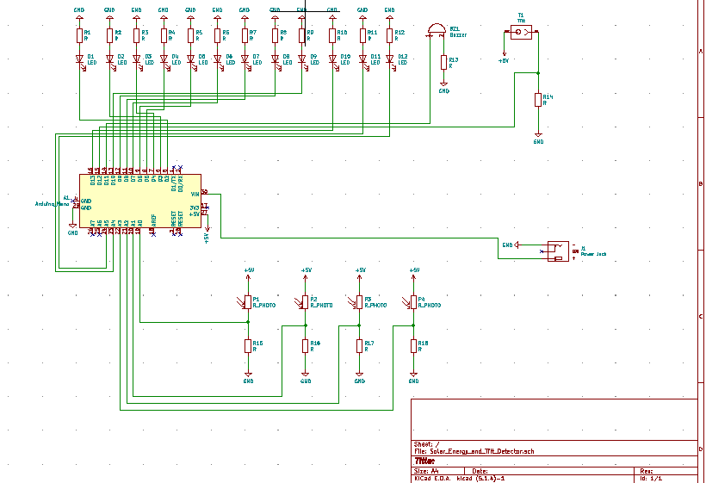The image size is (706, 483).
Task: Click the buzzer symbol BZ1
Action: tap(437, 32)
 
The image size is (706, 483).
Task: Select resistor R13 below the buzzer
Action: tap(444, 62)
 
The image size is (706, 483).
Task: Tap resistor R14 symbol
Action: tap(538, 100)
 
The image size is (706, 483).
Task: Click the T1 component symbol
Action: tap(521, 33)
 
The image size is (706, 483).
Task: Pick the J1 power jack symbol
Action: tap(558, 251)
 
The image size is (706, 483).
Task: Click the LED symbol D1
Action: tap(79, 59)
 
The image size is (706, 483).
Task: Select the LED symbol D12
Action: tap(390, 59)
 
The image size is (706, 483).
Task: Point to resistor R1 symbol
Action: tap(79, 35)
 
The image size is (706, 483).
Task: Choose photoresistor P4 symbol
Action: tap(413, 302)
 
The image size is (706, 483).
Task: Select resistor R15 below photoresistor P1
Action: tap(247, 345)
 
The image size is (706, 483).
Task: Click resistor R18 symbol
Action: tap(413, 345)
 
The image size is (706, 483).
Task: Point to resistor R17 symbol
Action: tap(360, 345)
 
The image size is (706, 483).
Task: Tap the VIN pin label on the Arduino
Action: tap(195, 194)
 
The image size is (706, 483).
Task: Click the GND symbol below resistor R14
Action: tap(538, 136)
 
